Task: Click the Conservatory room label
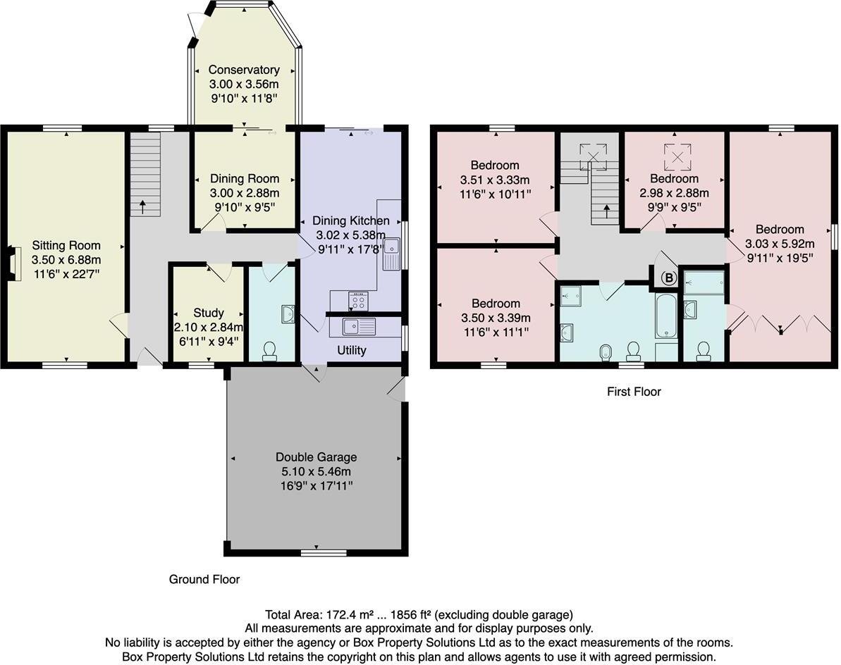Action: coord(244,70)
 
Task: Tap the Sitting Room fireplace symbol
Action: coord(11,259)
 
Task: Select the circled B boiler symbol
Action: coord(668,278)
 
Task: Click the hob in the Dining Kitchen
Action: coord(358,302)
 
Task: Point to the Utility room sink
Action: coord(360,327)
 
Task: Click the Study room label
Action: coord(208,313)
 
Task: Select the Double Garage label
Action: coord(316,456)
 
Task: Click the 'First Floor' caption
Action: coord(634,392)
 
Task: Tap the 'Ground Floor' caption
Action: coord(204,579)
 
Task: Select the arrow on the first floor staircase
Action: coord(606,211)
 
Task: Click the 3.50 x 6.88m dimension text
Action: coord(66,259)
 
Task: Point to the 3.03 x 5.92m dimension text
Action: coord(780,244)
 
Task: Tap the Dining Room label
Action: coord(244,179)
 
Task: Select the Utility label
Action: coord(351,350)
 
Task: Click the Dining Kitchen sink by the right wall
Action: coord(391,254)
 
